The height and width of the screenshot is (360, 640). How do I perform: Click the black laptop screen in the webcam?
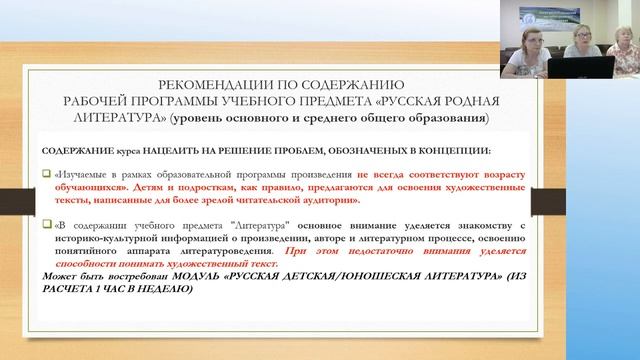tap(597, 69)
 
